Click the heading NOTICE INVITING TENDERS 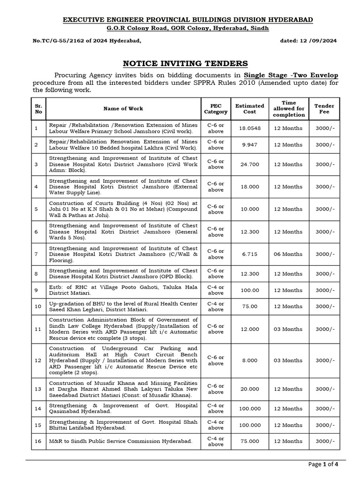pos(185,63)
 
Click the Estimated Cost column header pos(249,109)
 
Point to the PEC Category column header pos(216,109)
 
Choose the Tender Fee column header pos(324,109)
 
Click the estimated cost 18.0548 pos(249,127)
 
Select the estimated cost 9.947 pos(249,145)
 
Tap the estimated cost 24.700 pos(249,165)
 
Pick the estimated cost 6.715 pos(249,254)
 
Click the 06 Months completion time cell pos(288,254)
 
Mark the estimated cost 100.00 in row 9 pos(249,290)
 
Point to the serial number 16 pos(37,441)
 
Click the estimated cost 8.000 pos(249,360)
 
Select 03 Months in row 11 pos(288,329)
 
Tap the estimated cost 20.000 pos(249,389)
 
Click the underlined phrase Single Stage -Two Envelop pos(291,75)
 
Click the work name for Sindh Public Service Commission pos(120,441)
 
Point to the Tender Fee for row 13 pos(324,389)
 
